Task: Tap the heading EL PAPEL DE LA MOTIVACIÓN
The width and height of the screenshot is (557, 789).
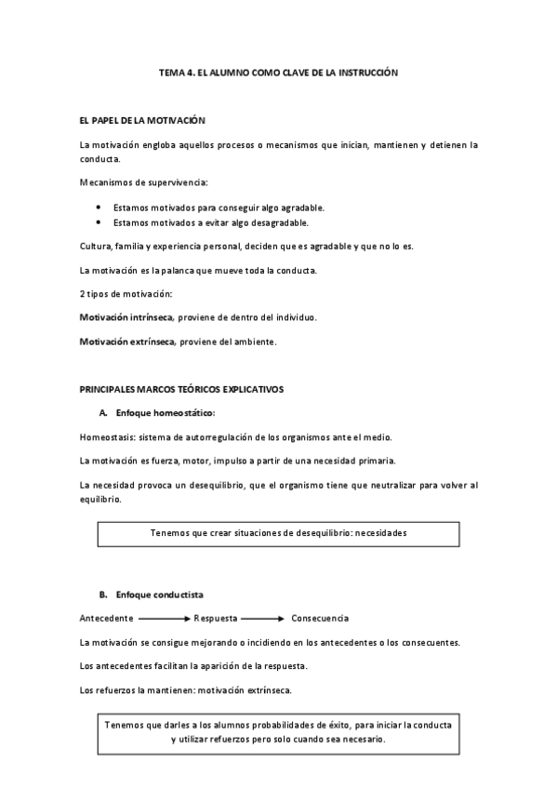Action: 142,121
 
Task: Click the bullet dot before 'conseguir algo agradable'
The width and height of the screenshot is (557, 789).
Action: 99,207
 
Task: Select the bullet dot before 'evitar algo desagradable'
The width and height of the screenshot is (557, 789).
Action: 99,223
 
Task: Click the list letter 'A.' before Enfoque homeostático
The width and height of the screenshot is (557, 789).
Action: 102,412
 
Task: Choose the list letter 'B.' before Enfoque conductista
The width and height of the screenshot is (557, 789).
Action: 102,594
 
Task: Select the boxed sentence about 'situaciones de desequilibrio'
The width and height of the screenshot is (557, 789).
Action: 279,533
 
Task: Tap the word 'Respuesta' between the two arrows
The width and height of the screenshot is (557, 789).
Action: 216,618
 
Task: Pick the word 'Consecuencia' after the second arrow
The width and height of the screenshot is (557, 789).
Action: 320,618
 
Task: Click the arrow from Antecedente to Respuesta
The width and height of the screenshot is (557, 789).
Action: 165,618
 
